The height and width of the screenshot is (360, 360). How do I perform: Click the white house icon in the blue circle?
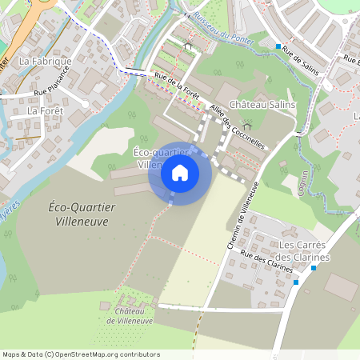[x=180, y=172]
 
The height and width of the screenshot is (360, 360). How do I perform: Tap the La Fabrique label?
[x=46, y=61]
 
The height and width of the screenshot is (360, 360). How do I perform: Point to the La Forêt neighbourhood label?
[x=44, y=110]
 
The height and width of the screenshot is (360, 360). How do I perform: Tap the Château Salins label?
[x=262, y=105]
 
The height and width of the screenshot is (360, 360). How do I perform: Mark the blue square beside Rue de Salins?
[x=278, y=46]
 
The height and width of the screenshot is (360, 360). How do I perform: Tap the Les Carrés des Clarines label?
[x=304, y=251]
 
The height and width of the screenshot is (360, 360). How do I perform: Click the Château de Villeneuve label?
[x=134, y=315]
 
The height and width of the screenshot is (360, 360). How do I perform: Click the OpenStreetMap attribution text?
[x=80, y=354]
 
